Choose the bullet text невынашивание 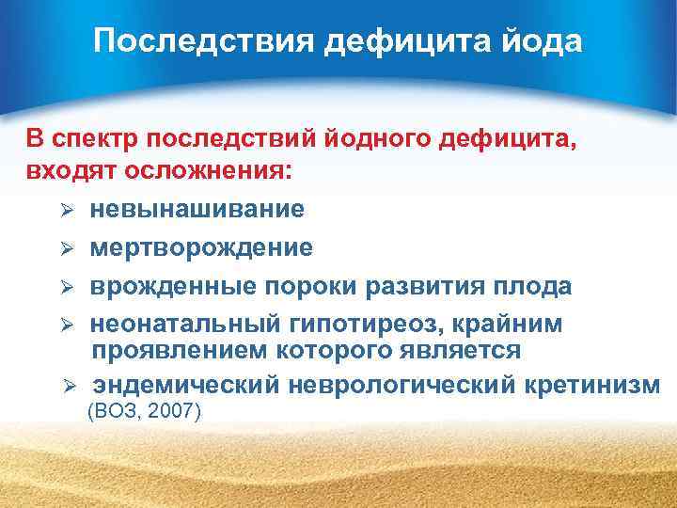(197, 209)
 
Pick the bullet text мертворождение (201, 247)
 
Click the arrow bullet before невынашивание (67, 210)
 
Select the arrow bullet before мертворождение (67, 248)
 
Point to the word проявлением (173, 351)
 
